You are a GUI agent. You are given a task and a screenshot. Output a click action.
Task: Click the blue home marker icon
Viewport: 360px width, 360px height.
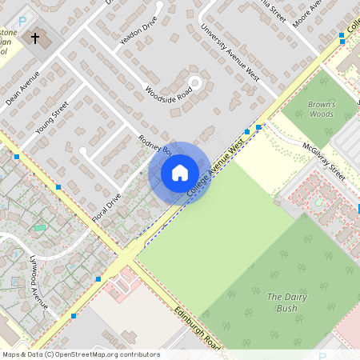click(x=180, y=172)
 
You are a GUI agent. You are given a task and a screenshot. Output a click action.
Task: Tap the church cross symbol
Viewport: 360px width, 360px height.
click(x=34, y=38)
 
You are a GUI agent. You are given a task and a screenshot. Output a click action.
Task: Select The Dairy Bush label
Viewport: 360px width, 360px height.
click(x=282, y=302)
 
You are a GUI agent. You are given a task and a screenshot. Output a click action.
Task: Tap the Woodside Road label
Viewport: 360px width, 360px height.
click(x=169, y=94)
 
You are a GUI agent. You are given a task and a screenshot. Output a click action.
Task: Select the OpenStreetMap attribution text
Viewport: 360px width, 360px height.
click(x=80, y=354)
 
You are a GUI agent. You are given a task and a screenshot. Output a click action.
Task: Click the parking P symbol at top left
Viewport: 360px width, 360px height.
click(x=22, y=21)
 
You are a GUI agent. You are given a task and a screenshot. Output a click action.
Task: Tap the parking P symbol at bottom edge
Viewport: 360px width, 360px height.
click(x=322, y=355)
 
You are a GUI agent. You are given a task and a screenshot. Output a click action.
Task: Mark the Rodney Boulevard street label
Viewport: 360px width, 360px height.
click(x=155, y=145)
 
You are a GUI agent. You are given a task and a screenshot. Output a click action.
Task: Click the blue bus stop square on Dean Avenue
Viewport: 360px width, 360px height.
click(x=58, y=187)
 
